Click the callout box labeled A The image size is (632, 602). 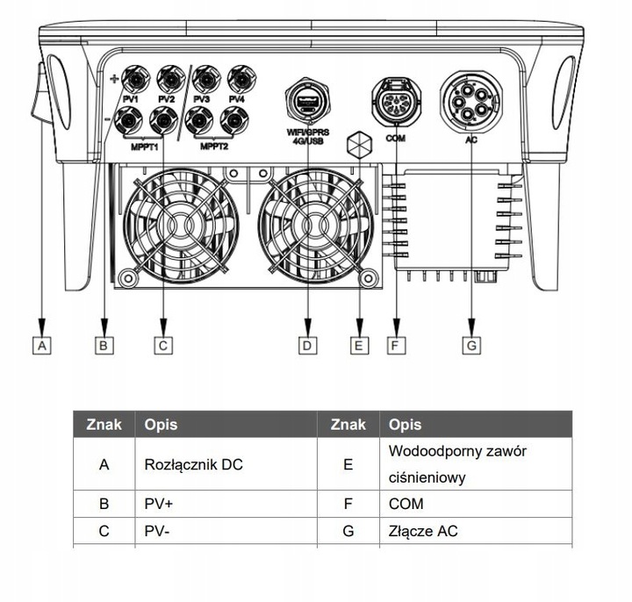(42, 346)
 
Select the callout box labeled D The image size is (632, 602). (307, 346)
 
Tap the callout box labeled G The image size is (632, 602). (471, 346)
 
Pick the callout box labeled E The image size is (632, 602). (360, 346)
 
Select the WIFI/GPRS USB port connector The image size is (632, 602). (307, 101)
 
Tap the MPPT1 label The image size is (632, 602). (145, 147)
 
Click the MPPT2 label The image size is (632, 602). (214, 147)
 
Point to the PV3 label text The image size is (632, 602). (201, 99)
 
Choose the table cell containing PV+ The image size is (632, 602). (226, 504)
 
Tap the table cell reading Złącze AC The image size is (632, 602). (476, 531)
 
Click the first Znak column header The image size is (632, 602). (104, 425)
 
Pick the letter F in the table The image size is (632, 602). (348, 504)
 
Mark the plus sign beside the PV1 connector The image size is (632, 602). (114, 79)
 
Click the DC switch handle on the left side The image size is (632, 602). (39, 94)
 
